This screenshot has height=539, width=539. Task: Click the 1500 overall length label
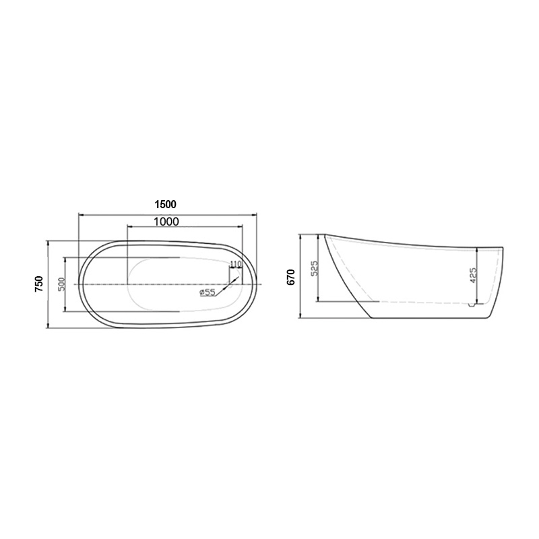165,205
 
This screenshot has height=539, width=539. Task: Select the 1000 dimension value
166,222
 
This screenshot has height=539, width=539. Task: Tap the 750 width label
39,284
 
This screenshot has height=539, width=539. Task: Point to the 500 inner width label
61,284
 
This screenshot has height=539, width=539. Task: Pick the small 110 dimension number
235,264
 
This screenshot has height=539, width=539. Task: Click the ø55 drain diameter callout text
208,292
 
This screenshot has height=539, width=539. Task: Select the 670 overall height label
292,277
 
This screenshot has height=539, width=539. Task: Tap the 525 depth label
315,268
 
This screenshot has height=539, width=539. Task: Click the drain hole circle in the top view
231,284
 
